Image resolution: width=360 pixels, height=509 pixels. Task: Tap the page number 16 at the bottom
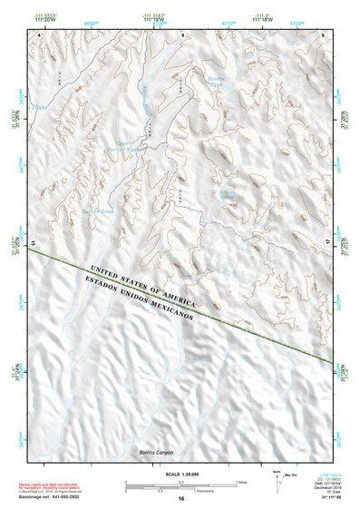pyautogui.click(x=181, y=499)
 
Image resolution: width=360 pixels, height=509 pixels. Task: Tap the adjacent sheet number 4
pyautogui.click(x=41, y=34)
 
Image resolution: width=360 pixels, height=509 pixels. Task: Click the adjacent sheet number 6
pyautogui.click(x=323, y=34)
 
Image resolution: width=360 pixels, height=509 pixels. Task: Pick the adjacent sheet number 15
pyautogui.click(x=34, y=243)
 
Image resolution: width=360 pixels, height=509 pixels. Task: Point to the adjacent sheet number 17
pyautogui.click(x=329, y=243)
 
